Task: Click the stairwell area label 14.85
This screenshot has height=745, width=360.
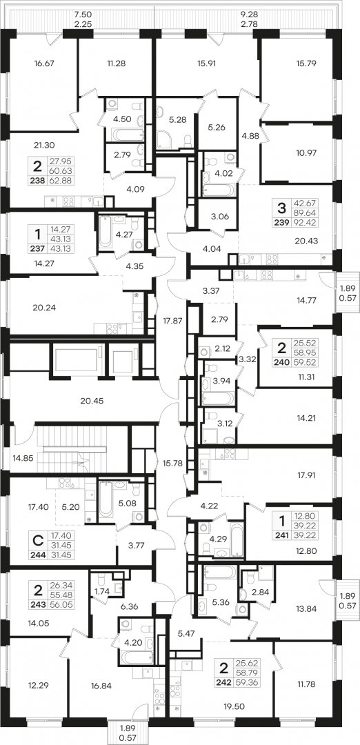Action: pos(22,458)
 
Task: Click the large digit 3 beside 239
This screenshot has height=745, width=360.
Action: pos(281,207)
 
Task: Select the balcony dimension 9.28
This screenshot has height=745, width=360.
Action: pos(250,14)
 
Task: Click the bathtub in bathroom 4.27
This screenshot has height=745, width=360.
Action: pos(106,232)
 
